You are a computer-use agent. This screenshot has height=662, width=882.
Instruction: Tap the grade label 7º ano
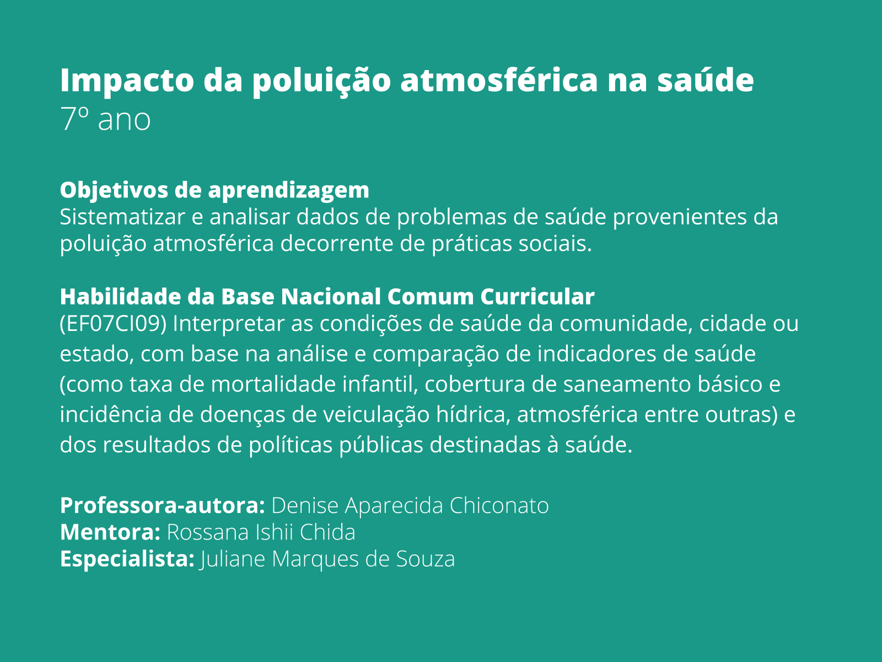click(105, 119)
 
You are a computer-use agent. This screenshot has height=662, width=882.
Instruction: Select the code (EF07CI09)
click(113, 324)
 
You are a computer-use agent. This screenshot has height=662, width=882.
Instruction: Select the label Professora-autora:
click(163, 505)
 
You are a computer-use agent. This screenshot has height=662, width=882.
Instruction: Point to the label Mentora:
click(110, 532)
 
